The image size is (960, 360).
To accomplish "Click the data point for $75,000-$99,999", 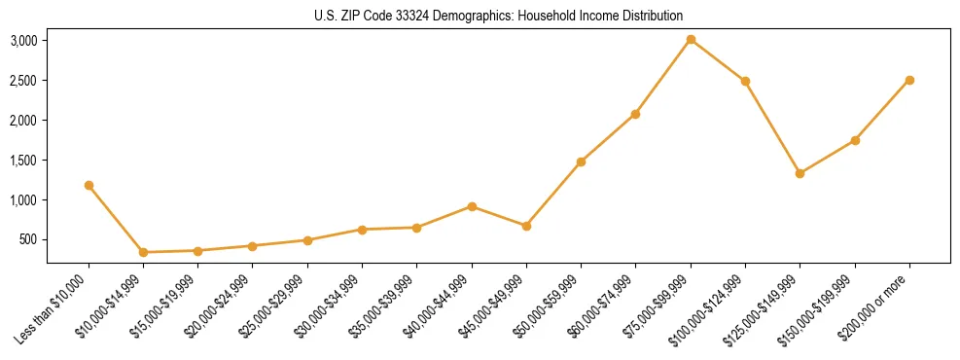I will pyautogui.click(x=691, y=40).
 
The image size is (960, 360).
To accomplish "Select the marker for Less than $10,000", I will pyautogui.click(x=89, y=185).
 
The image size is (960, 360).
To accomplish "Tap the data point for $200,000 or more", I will pyautogui.click(x=909, y=80).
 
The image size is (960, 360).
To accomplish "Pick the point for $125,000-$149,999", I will pyautogui.click(x=800, y=173).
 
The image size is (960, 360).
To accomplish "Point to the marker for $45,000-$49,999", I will pyautogui.click(x=526, y=226).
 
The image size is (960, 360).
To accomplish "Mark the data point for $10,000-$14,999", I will pyautogui.click(x=143, y=252).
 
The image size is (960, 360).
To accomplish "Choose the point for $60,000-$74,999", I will pyautogui.click(x=635, y=114).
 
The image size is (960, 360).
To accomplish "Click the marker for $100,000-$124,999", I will pyautogui.click(x=745, y=81).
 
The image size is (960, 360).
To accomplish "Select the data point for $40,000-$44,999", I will pyautogui.click(x=472, y=206).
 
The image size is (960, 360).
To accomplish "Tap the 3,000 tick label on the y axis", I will pyautogui.click(x=23, y=41).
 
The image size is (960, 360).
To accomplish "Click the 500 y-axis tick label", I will pyautogui.click(x=27, y=239).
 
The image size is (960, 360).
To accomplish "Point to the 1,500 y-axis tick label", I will pyautogui.click(x=23, y=161).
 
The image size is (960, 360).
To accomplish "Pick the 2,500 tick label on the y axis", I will pyautogui.click(x=23, y=81).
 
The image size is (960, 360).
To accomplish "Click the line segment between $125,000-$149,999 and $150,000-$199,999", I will pyautogui.click(x=827, y=157).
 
